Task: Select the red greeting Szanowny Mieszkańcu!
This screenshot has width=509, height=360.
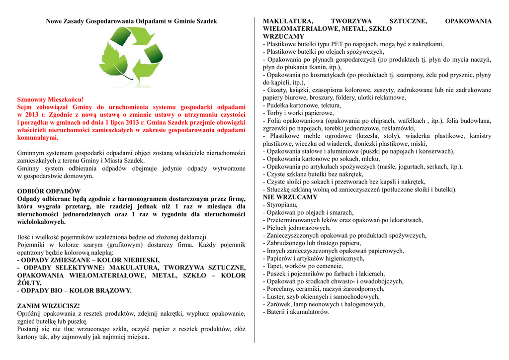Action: point(51,99)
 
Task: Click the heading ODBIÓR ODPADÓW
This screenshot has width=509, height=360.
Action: point(49,191)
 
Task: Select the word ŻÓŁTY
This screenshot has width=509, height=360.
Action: point(29,283)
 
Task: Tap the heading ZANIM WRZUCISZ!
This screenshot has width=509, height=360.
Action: point(48,306)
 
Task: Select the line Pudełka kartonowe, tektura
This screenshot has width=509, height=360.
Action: point(304,105)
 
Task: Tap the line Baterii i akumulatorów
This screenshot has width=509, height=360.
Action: point(298,312)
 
